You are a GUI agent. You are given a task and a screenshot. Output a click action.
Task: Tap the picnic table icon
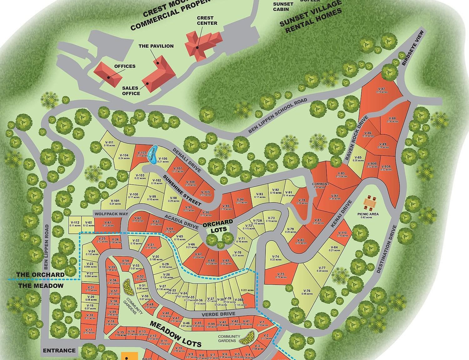[x=370, y=203]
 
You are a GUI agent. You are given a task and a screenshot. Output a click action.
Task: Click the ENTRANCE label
[x=59, y=350]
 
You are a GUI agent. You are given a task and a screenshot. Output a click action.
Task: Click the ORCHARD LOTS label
[x=218, y=225]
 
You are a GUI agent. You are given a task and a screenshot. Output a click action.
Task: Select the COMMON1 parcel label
[x=320, y=185]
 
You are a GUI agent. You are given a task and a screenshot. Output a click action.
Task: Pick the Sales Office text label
[x=131, y=91]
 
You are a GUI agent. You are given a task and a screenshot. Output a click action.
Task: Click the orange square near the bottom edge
[x=129, y=356]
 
